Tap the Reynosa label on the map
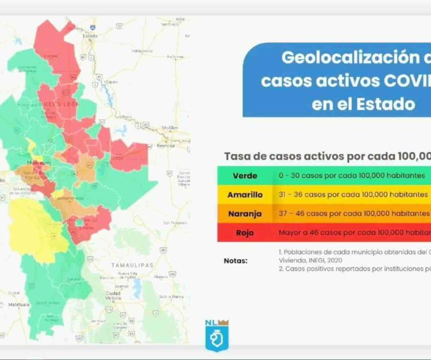(x=165, y=146)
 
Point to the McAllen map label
(x=170, y=127)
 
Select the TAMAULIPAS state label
(x=132, y=265)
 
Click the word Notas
(x=235, y=261)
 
